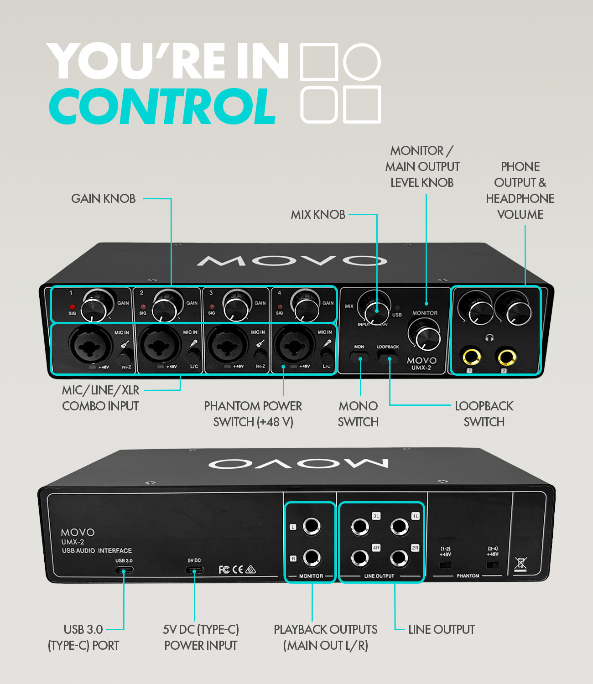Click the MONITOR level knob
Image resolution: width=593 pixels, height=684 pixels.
point(424,335)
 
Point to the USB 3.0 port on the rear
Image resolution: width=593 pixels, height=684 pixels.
point(124,570)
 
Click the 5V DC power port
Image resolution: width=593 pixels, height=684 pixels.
point(194,570)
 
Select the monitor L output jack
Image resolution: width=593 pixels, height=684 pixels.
point(312,525)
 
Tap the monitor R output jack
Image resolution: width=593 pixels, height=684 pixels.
point(312,557)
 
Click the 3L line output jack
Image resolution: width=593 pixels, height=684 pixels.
point(360,527)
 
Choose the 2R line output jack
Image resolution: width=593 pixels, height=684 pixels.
point(399,558)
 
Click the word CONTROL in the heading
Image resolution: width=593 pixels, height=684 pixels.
point(162,106)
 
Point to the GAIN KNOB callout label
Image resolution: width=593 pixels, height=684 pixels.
point(104,199)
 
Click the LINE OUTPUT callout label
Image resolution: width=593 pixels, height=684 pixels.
point(441,630)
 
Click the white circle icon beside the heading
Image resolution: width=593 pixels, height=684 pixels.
point(362,62)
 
